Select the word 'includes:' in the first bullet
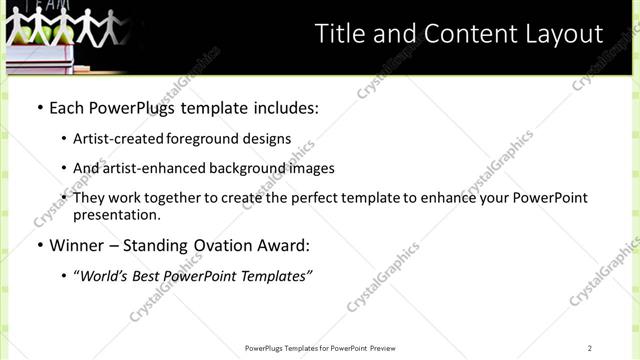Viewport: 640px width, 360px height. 284,106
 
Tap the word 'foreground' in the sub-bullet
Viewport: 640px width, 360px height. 199,138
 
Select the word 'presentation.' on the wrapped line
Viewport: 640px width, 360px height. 116,215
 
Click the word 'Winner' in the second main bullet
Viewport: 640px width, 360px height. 78,245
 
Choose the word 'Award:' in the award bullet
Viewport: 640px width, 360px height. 284,245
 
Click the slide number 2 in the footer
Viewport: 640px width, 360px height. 590,348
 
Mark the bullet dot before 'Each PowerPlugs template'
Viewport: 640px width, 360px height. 37,107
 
